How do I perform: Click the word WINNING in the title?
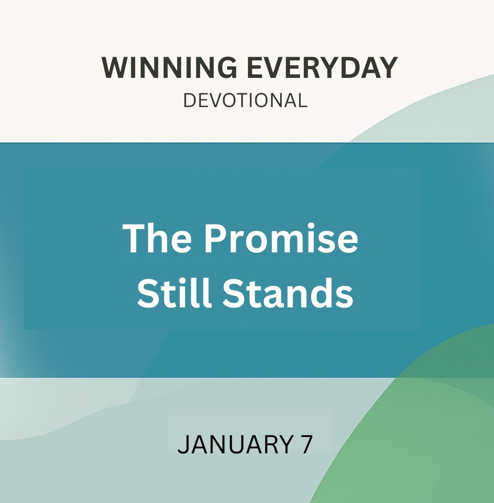(169, 68)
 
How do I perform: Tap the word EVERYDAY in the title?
(322, 68)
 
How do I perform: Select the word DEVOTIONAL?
(246, 101)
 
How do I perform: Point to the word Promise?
(281, 238)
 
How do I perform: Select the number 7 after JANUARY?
(306, 444)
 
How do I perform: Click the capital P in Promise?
(215, 238)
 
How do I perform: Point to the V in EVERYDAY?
(276, 68)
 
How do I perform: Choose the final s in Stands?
(345, 296)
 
